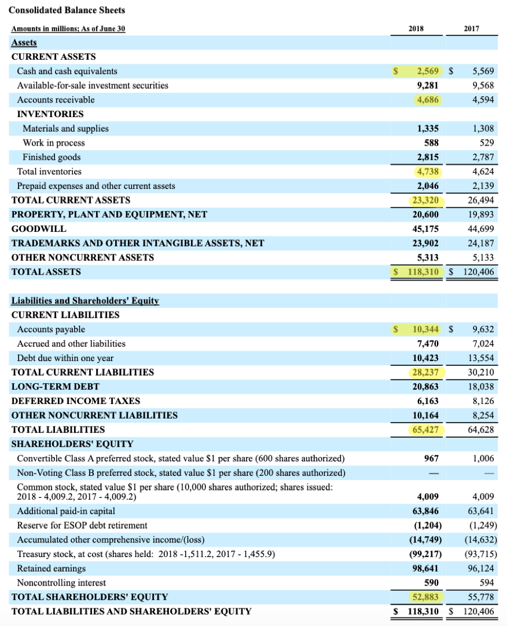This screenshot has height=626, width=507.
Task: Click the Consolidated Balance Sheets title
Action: click(67, 10)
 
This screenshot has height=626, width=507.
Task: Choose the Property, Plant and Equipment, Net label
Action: click(109, 214)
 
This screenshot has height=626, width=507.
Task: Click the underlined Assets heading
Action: click(24, 43)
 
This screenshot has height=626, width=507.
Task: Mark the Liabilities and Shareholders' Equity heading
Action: click(85, 301)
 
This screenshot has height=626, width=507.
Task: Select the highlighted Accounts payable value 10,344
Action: click(425, 329)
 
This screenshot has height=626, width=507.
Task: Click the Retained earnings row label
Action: click(52, 568)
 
